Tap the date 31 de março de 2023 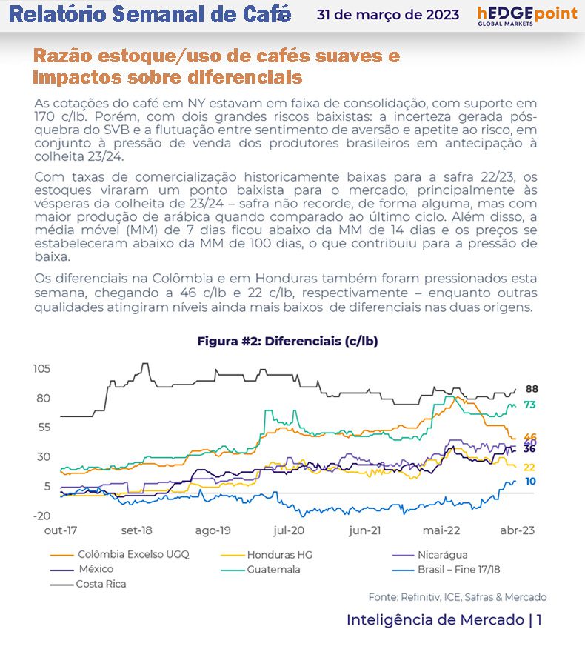tap(387, 15)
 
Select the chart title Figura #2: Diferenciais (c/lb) tap(287, 341)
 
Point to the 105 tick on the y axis tap(41, 369)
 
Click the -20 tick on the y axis tap(41, 516)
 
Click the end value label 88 tap(531, 389)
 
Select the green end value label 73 tap(530, 405)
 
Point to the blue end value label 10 tap(530, 482)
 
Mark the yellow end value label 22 tap(529, 468)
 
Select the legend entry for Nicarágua tap(442, 555)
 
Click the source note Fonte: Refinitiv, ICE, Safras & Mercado tap(458, 597)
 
